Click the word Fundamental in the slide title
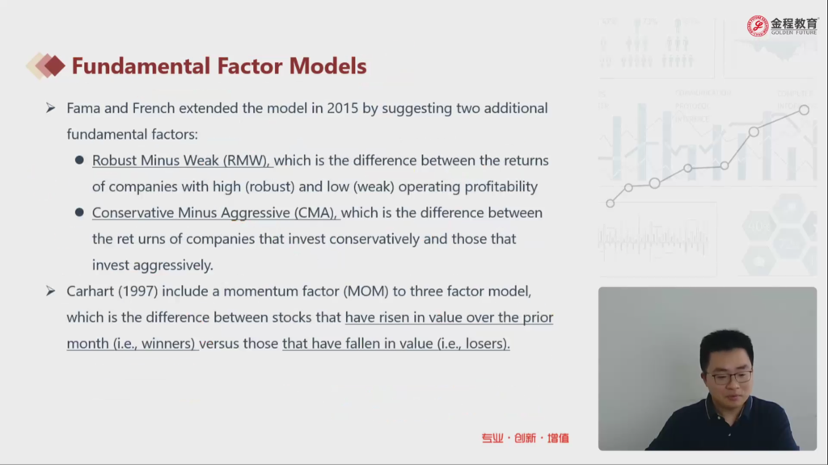pos(141,66)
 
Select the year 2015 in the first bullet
pos(342,108)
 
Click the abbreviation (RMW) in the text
pos(246,161)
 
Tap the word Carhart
pos(90,291)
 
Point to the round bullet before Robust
pos(79,160)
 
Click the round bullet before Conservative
pos(79,212)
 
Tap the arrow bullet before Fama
pos(51,108)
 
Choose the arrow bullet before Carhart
pos(51,291)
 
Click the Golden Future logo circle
pos(757,26)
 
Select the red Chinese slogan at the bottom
pos(525,438)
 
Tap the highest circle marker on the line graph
pos(804,110)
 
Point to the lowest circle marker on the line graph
pos(610,203)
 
